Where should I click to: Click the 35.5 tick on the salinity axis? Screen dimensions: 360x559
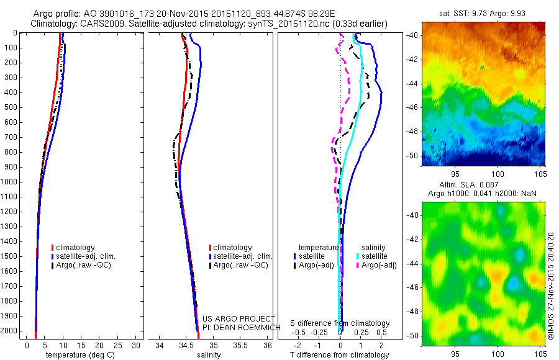[241, 345]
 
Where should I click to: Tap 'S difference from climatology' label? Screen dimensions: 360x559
[340, 323]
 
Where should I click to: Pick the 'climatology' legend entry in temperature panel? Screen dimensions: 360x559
[75, 248]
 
